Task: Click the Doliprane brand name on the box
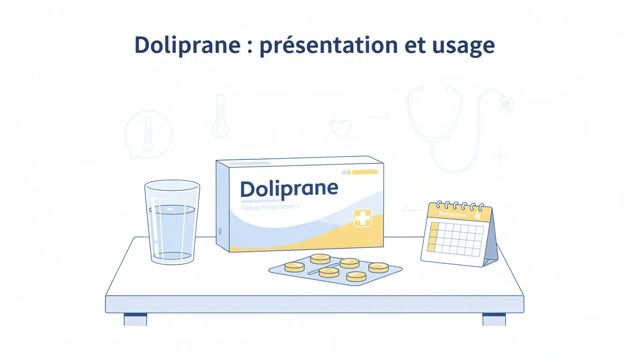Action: coord(289,188)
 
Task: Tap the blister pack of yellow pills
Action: coord(335,270)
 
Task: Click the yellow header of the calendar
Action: coord(462,214)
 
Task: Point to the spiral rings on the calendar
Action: coord(461,205)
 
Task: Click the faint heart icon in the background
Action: coord(340,128)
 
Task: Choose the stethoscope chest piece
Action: coord(506,104)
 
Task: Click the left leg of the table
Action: coord(135,319)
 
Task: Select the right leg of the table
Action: coord(494,319)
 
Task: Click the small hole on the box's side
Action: coord(220,231)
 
